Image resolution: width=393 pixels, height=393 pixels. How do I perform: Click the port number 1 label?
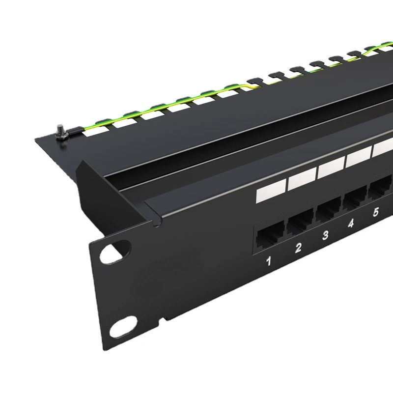(269, 261)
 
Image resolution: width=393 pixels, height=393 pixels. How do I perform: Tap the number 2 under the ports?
(298, 248)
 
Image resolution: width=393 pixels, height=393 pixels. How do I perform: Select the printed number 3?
(325, 235)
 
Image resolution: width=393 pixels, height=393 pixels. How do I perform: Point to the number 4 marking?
(351, 223)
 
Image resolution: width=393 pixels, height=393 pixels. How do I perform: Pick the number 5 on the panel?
(375, 212)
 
